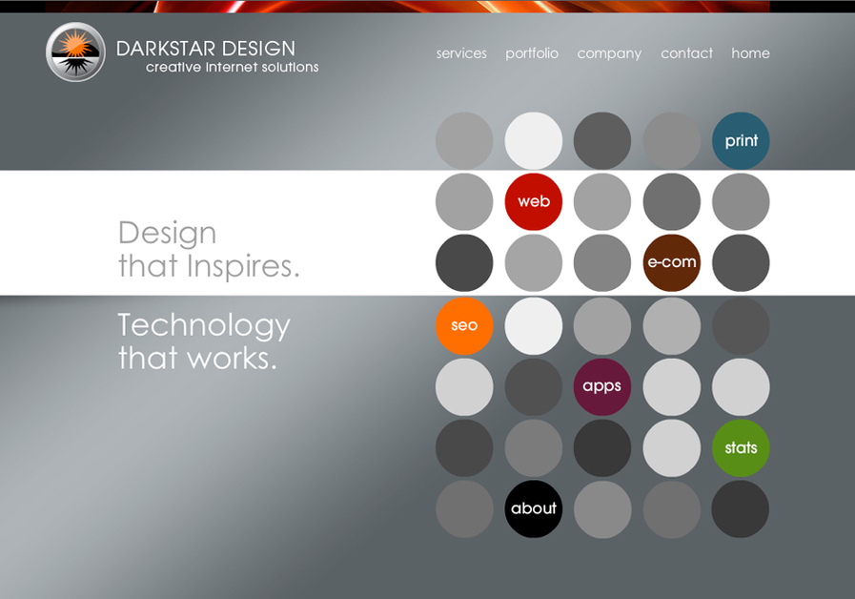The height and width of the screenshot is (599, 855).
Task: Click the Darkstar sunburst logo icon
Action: [75, 52]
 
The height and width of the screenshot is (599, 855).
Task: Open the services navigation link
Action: [461, 53]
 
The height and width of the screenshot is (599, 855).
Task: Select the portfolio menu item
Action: [532, 53]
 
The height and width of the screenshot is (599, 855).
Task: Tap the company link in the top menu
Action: [609, 53]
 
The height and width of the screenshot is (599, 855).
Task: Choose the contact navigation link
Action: [686, 53]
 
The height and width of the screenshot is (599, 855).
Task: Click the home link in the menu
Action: [750, 53]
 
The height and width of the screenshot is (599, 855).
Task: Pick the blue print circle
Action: [741, 141]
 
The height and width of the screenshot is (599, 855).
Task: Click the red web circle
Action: [534, 201]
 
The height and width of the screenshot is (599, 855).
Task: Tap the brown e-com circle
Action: [672, 262]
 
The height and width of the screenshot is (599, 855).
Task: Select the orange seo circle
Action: [464, 325]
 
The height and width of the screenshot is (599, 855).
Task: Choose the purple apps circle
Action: [602, 386]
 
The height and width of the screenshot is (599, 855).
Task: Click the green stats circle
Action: [741, 447]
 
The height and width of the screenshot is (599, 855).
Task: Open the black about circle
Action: [534, 508]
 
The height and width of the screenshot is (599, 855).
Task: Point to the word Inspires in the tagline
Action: [242, 267]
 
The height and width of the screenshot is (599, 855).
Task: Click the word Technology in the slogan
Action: [204, 326]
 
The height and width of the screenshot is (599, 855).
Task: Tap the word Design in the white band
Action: [167, 233]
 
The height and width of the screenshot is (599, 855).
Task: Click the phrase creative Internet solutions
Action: [232, 68]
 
